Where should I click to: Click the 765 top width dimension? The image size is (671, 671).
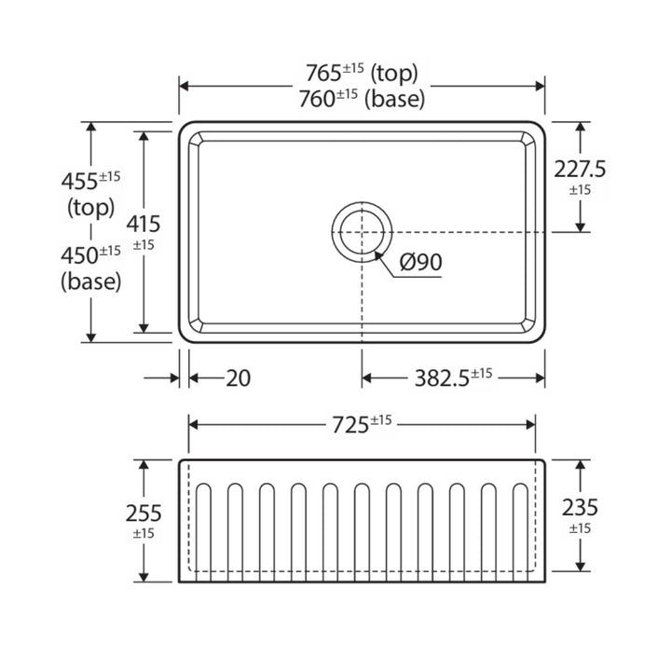point(323,73)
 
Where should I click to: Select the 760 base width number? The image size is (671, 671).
point(317,99)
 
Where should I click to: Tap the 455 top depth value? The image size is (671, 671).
point(79,181)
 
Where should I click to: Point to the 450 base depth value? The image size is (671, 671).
point(79,255)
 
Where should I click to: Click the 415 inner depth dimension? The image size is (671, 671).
point(144,224)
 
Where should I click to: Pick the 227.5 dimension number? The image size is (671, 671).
point(580,169)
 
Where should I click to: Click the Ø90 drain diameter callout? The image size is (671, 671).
point(420,262)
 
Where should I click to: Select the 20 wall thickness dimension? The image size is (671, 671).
point(238,378)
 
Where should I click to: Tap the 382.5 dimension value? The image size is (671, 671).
point(442,378)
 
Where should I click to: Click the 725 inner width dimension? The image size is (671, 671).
point(350,425)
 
